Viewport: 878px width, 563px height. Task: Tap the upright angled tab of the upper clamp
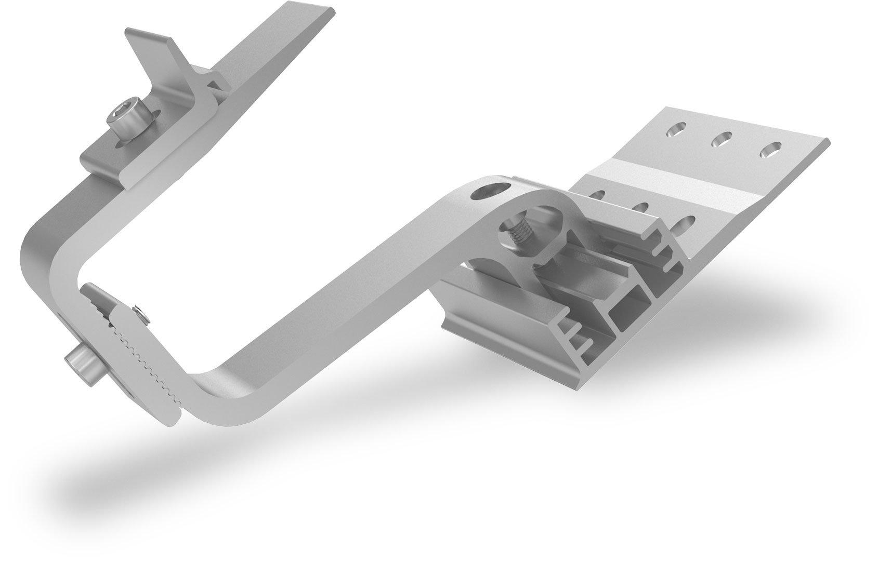tap(151, 49)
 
